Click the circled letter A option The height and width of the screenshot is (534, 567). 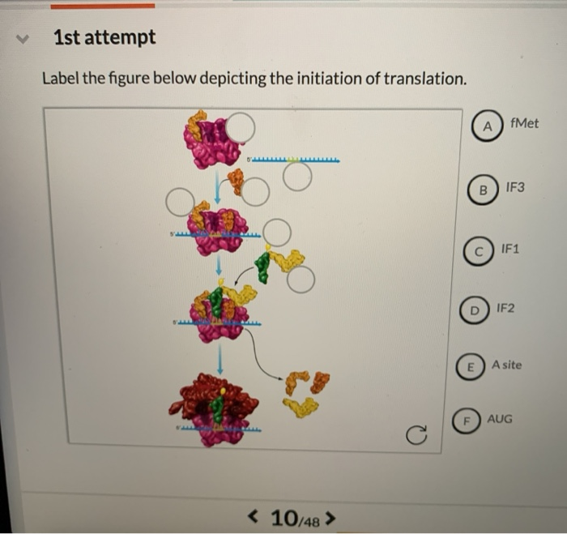(487, 126)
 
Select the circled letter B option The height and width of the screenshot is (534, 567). (483, 190)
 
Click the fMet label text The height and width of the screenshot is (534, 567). (525, 123)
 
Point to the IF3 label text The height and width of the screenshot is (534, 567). (515, 187)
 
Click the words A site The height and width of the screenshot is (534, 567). (507, 365)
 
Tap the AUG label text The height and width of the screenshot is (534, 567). (501, 419)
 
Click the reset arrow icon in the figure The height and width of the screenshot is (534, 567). (416, 437)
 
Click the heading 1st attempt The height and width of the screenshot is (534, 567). (104, 37)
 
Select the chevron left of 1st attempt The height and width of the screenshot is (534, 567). (25, 37)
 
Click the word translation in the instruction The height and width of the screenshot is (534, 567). (427, 79)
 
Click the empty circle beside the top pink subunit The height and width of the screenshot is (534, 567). (240, 127)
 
